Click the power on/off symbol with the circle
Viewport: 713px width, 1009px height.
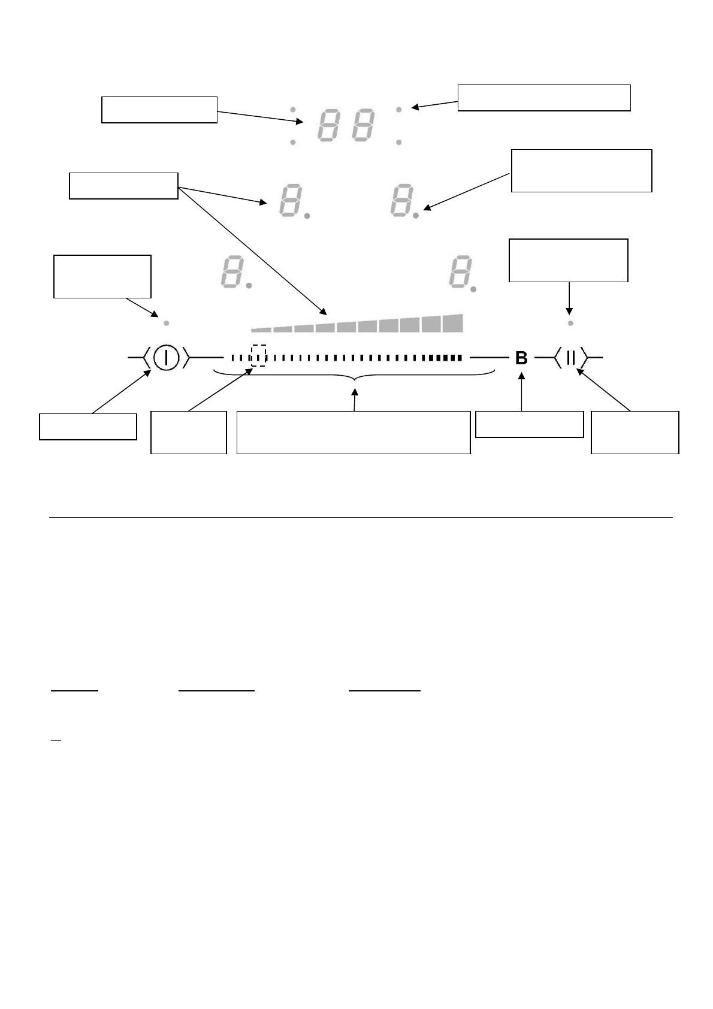(167, 358)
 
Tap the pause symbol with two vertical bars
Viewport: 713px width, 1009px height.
(570, 358)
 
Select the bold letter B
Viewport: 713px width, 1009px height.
(521, 358)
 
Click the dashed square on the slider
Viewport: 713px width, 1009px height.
(258, 355)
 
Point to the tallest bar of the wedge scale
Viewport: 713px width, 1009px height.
(453, 322)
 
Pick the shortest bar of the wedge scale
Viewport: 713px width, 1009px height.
(261, 329)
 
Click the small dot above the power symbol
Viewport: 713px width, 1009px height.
(167, 323)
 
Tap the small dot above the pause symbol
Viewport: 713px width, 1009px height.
(570, 323)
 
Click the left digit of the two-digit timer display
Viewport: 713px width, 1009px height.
(327, 125)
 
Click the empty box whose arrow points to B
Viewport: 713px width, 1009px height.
(529, 424)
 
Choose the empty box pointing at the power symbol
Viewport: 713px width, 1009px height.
(88, 426)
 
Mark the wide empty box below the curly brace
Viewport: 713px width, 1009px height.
(354, 432)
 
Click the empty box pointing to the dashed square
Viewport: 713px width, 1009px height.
(188, 432)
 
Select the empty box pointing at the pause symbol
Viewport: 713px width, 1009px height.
(635, 432)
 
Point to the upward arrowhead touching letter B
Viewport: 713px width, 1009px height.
(522, 376)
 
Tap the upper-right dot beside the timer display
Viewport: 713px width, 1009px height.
(398, 110)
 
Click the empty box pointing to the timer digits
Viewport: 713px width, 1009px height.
(159, 109)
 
